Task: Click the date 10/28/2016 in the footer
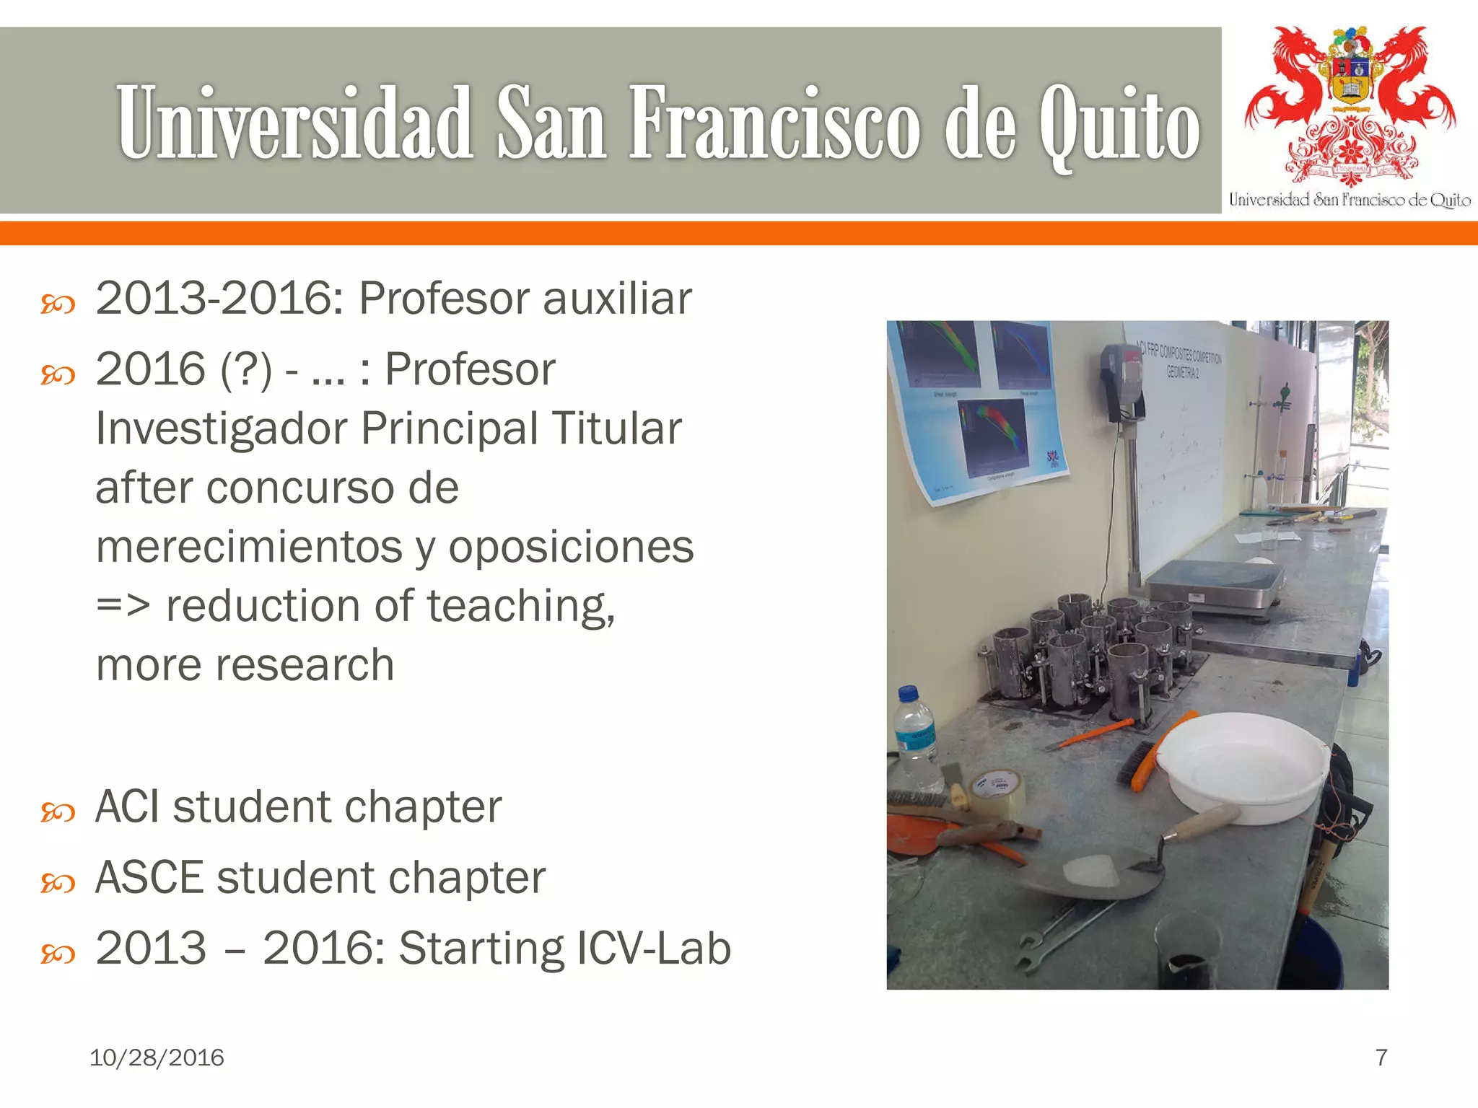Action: click(157, 1058)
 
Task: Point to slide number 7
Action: click(1381, 1058)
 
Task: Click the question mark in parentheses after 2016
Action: click(246, 369)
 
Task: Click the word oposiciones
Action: click(571, 547)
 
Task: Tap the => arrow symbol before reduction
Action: click(123, 606)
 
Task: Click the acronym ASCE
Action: click(149, 877)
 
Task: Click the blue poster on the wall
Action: click(978, 408)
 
